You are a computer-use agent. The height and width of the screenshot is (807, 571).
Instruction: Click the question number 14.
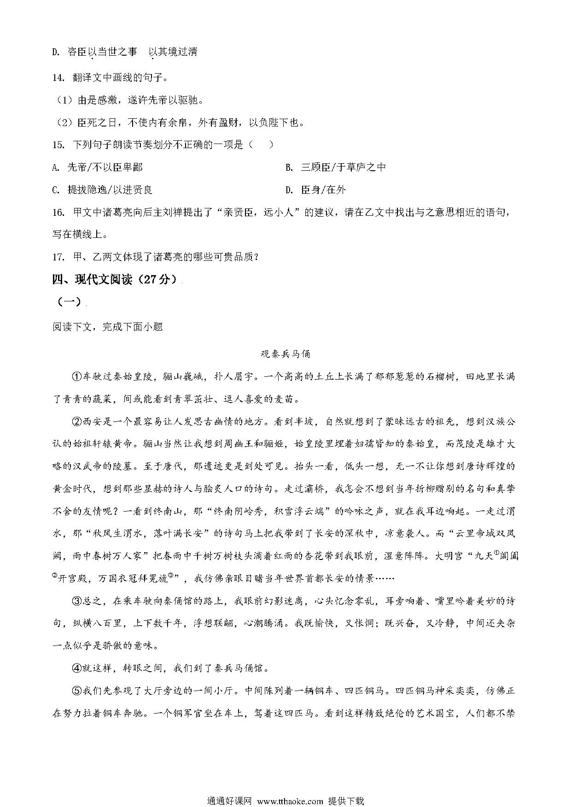(58, 78)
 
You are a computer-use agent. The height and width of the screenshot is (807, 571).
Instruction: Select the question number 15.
(58, 145)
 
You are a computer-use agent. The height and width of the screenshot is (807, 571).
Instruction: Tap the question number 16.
(58, 213)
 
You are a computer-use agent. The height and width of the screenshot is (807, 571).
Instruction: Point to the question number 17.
(58, 257)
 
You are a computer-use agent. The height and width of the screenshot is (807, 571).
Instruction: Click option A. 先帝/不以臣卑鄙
(98, 167)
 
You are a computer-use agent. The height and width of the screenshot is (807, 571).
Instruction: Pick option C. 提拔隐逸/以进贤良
(102, 190)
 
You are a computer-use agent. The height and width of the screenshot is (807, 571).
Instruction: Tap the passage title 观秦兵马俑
(285, 354)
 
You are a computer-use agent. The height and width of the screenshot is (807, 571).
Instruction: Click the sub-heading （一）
(69, 302)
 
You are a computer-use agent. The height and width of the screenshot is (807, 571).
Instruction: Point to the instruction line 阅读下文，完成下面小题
(108, 327)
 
